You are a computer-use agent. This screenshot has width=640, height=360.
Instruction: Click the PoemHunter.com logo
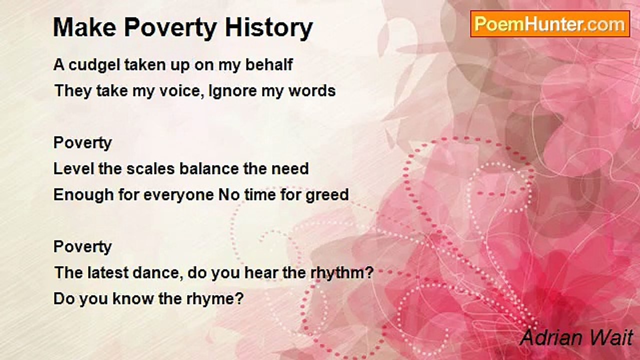[x=550, y=24]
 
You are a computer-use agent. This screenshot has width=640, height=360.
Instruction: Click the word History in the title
[x=269, y=28]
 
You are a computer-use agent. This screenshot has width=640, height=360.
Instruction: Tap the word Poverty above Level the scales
[x=82, y=143]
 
